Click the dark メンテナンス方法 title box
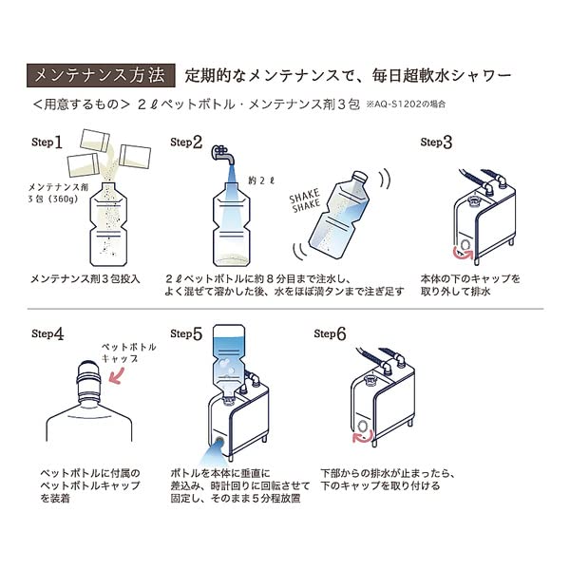[97, 73]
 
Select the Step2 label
[186, 142]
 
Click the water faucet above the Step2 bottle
[223, 158]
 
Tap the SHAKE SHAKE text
[306, 202]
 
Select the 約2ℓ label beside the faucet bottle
[259, 179]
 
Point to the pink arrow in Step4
[121, 376]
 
